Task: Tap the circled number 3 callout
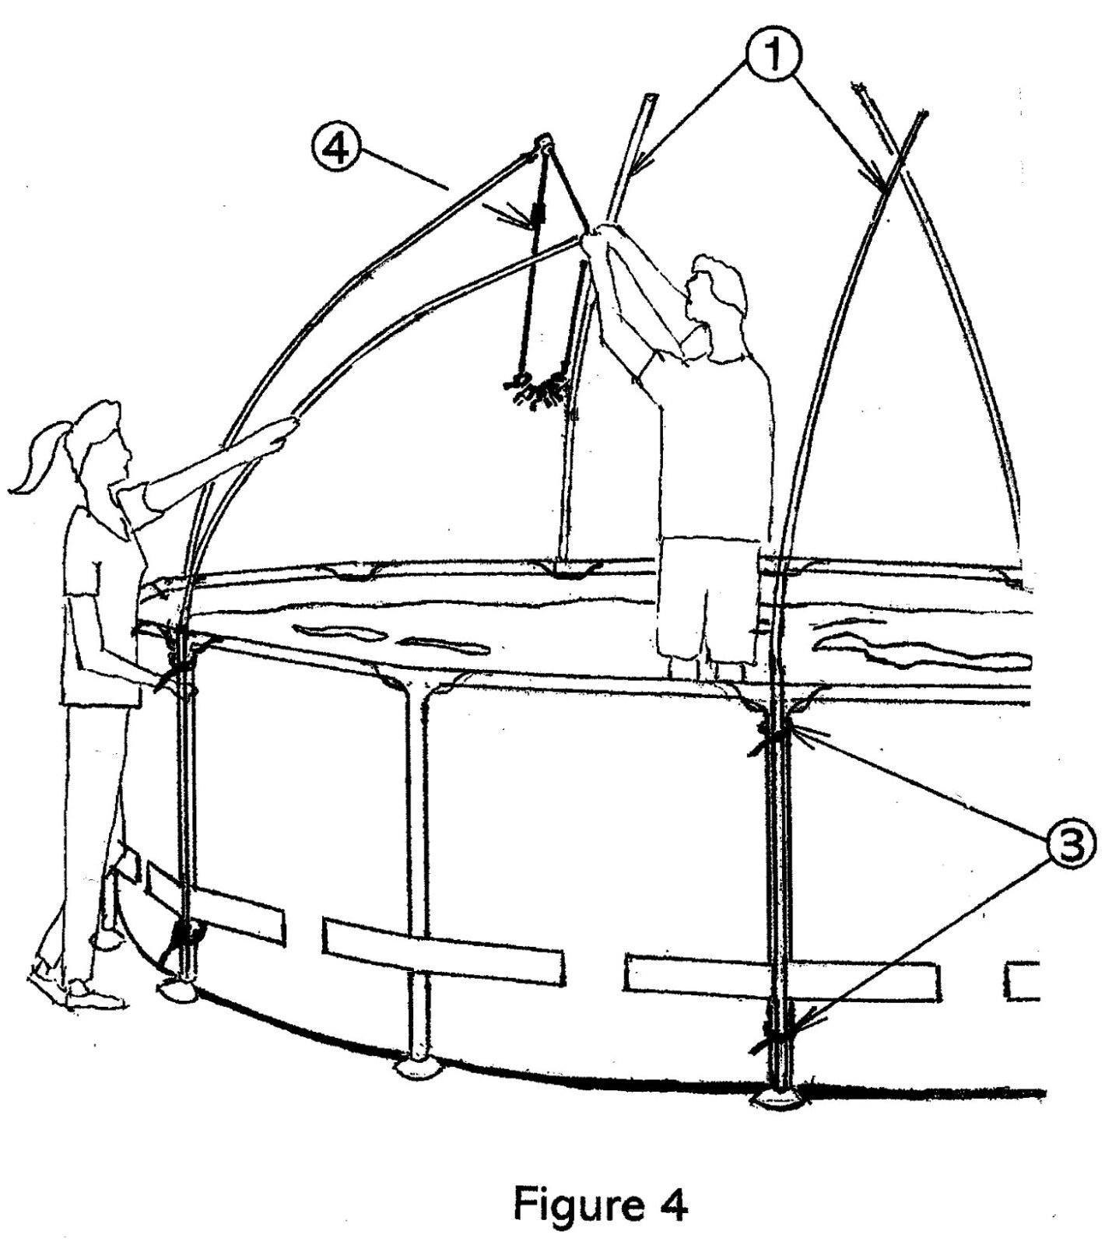1071,845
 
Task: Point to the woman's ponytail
35,467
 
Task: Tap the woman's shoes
78,988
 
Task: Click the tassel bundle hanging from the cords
538,388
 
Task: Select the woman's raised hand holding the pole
286,430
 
